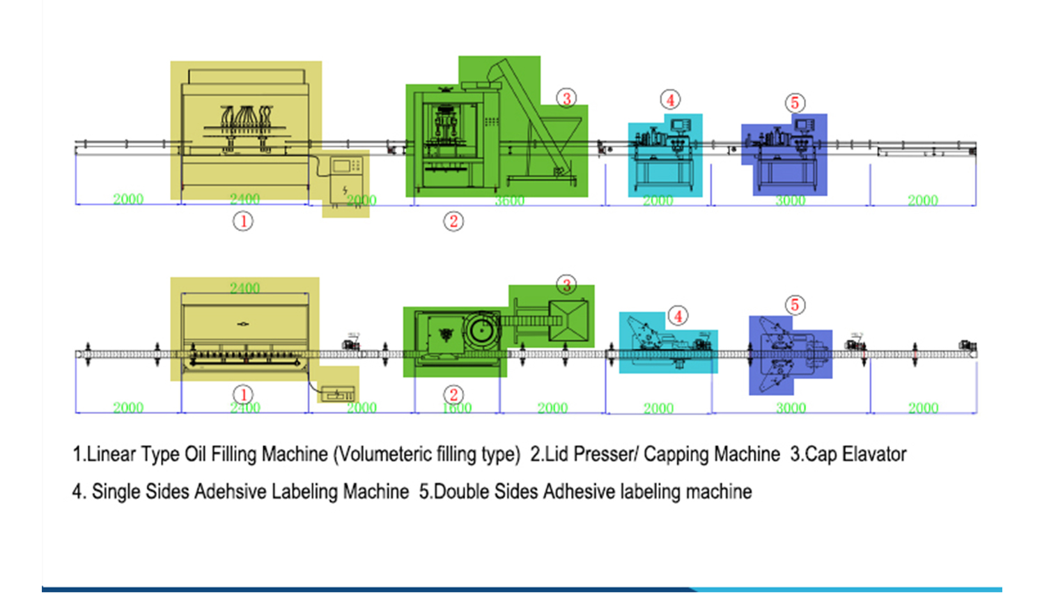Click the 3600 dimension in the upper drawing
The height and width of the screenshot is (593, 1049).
tap(509, 201)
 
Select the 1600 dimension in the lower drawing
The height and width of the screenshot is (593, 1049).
tap(457, 408)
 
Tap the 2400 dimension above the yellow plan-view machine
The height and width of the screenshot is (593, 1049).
tap(244, 288)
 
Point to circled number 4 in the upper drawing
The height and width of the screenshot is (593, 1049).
tap(670, 100)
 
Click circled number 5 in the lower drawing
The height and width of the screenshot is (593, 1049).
tap(795, 305)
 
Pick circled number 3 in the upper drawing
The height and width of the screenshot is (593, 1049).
tap(566, 98)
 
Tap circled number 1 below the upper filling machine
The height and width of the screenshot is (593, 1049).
tap(242, 222)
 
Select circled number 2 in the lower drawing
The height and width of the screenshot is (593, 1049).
tap(453, 395)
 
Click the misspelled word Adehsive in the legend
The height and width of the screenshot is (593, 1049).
tap(231, 491)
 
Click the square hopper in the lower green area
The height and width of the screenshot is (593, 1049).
tap(569, 320)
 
